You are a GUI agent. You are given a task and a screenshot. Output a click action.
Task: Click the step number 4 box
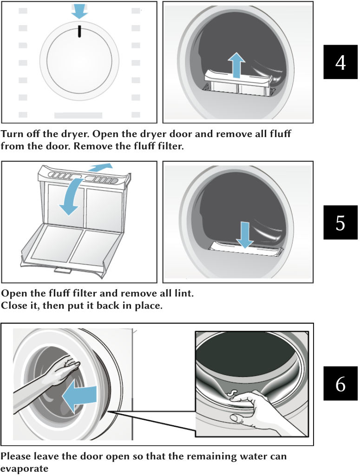coord(340,62)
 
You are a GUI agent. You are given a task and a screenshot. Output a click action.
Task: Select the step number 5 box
coord(340,222)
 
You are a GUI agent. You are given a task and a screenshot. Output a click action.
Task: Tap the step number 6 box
coord(340,383)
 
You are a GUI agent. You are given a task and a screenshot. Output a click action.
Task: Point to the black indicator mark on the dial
coord(79,31)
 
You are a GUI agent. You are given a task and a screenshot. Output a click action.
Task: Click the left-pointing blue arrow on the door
coord(79,397)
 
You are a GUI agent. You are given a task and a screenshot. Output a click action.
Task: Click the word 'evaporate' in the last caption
coord(24,469)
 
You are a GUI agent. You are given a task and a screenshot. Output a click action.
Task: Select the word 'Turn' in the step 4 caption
coord(12,133)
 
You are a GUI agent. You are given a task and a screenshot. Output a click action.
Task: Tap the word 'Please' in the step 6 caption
coord(16,456)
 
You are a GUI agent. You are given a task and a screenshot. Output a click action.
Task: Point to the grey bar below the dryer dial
coord(78,115)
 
